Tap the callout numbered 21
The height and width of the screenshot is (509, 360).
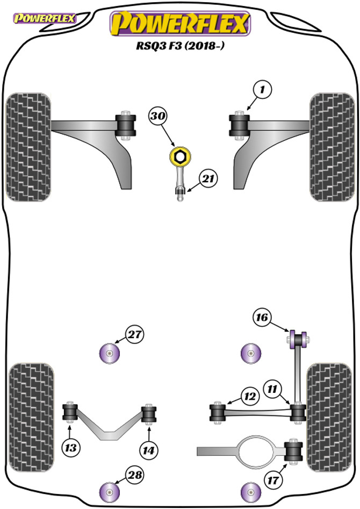[208, 179]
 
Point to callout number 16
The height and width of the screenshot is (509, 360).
[262, 318]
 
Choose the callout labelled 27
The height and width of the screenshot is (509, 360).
[134, 334]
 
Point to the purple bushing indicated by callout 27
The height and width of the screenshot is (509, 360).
[110, 354]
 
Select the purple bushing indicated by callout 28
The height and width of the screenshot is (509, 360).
[110, 491]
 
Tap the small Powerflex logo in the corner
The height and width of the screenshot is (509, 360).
[45, 19]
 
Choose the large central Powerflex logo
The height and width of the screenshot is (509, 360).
[179, 23]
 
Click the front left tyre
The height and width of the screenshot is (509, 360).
[28, 146]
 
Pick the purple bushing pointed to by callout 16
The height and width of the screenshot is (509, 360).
[297, 339]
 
